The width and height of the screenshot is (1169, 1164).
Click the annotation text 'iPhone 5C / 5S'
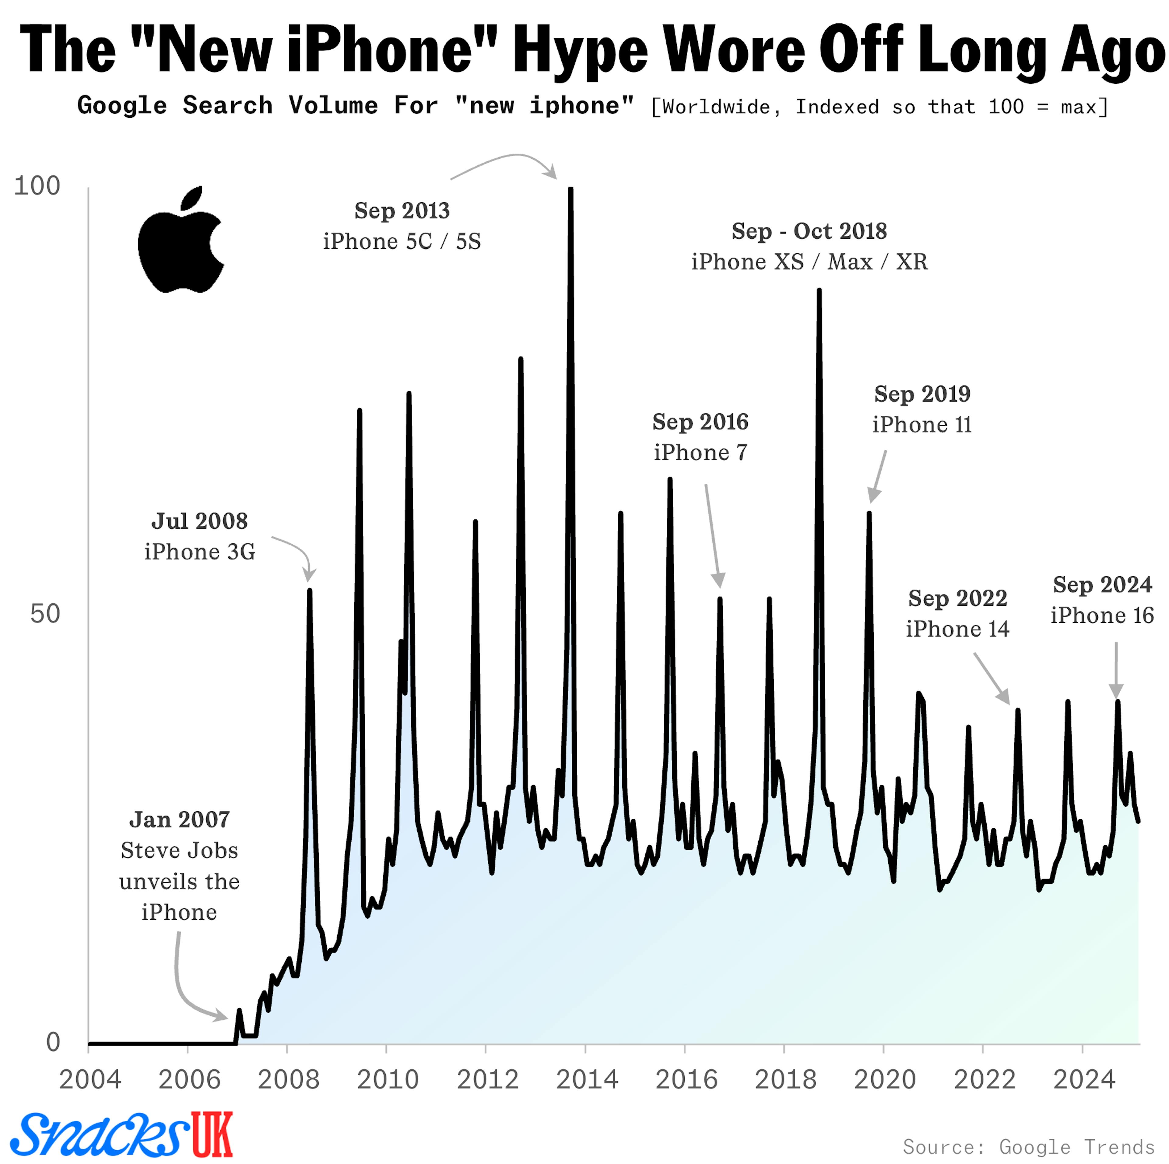402,241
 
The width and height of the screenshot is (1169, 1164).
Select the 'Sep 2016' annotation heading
700,422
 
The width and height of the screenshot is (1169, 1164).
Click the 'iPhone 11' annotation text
922,425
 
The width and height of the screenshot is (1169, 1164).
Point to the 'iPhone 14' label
957,629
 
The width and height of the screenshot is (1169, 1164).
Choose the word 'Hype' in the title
580,51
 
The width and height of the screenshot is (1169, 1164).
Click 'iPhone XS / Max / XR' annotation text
809,262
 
